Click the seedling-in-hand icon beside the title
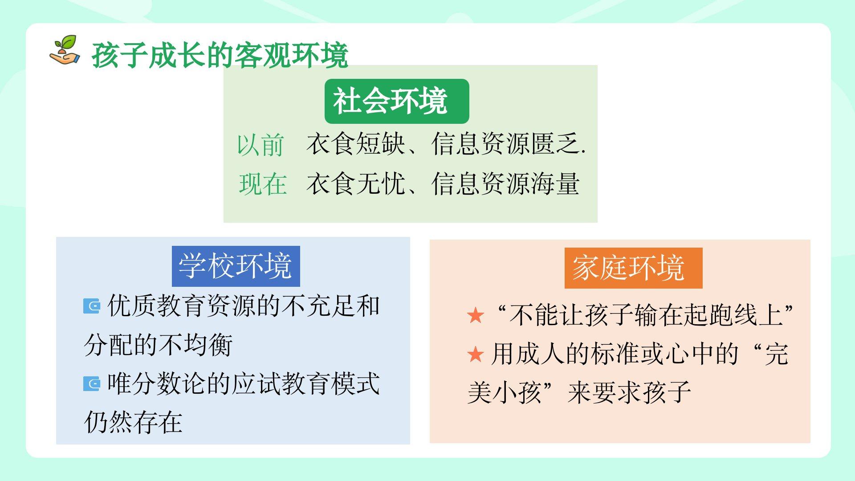65,50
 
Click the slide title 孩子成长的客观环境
220,56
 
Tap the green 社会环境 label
396,101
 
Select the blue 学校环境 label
236,266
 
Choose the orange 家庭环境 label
633,268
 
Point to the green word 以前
260,145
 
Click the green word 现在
263,183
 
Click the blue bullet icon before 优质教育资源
92,306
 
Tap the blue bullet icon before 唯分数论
92,383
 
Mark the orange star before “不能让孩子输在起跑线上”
476,316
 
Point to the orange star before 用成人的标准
476,355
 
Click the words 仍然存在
133,422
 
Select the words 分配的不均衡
158,345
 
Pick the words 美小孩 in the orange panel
505,392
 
